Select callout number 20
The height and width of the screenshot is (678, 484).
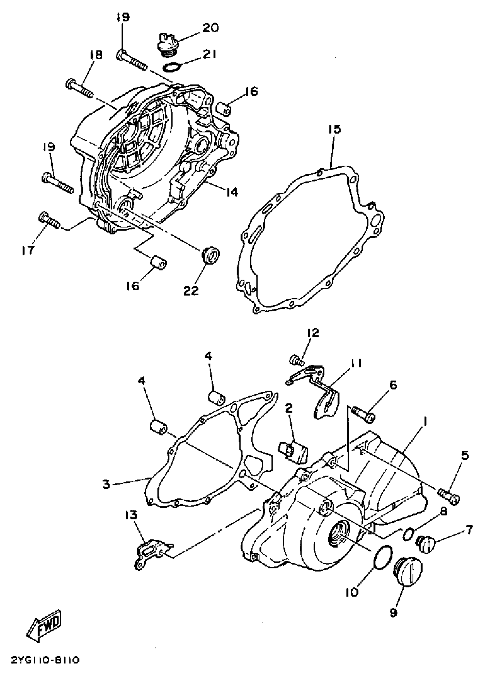[x=210, y=28]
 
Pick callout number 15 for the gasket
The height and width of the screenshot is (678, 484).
[x=335, y=129]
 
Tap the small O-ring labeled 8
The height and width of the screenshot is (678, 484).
[x=408, y=534]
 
